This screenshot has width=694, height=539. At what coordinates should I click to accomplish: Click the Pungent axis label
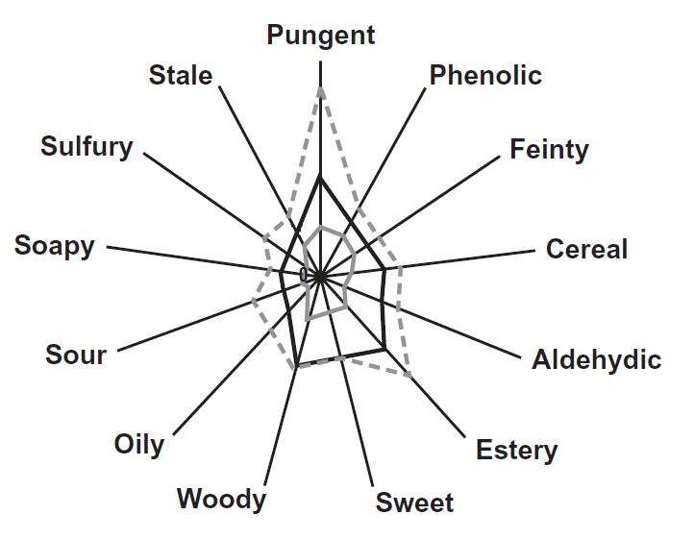320,36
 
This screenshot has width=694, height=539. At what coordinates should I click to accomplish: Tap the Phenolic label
485,74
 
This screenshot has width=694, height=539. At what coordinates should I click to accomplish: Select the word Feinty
549,149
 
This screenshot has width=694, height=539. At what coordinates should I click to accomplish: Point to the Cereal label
586,249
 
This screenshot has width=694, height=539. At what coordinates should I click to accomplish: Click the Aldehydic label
596,360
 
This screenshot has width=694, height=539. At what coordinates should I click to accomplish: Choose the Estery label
516,450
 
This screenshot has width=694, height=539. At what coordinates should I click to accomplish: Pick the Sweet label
414,502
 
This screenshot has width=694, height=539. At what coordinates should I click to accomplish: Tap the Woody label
221,499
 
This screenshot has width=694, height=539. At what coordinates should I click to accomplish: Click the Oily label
138,445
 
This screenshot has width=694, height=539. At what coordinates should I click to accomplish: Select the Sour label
76,355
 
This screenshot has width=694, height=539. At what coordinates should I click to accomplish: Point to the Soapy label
55,245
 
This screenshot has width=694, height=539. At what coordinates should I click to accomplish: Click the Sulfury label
87,146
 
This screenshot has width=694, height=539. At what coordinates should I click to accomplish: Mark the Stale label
181,75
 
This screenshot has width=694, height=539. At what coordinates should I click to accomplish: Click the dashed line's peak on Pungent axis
320,87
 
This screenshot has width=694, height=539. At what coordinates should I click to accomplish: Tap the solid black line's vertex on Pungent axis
320,177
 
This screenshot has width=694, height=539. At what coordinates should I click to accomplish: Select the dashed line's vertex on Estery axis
410,375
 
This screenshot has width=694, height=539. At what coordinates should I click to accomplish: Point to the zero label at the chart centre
304,276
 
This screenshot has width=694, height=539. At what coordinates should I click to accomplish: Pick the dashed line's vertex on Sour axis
253,302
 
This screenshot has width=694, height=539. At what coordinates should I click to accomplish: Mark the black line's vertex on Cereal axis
385,270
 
